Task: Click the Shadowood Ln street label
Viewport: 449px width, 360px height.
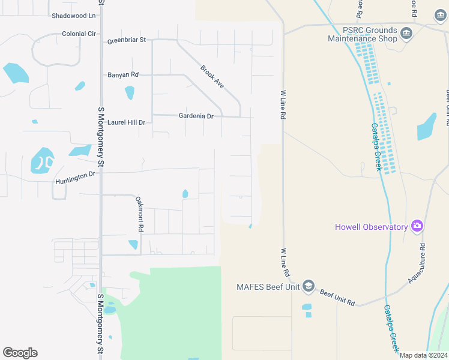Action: point(74,16)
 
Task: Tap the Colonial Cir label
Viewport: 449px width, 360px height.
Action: point(79,34)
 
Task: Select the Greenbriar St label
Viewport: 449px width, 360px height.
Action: point(127,40)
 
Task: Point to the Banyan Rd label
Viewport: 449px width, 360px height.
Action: point(122,75)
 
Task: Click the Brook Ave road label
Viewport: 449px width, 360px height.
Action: point(212,77)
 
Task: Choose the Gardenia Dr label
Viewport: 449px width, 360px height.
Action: point(196,116)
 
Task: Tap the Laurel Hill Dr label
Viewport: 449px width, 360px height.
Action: point(126,122)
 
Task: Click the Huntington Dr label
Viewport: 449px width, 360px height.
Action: point(75,178)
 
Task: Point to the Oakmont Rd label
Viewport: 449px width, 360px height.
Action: point(139,214)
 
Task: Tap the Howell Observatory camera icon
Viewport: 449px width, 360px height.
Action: point(417,226)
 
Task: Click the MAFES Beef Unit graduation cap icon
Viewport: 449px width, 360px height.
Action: point(309,286)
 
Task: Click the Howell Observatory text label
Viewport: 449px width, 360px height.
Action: point(372,227)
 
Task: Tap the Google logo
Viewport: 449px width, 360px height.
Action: point(20,353)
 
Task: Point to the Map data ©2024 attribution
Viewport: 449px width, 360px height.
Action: point(423,355)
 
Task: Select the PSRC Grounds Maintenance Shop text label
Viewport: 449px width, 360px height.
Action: point(363,34)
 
